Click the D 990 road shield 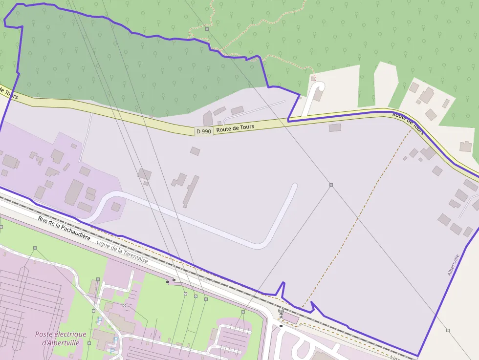[203, 131]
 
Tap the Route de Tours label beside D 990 [235, 128]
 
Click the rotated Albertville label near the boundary [454, 265]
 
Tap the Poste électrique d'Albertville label [61, 338]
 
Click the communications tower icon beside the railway [281, 311]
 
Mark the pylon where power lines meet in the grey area [331, 185]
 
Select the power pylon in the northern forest [207, 29]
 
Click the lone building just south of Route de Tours [335, 127]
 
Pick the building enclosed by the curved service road [116, 207]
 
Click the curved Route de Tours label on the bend [408, 122]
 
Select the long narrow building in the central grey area [191, 191]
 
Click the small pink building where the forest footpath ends [313, 78]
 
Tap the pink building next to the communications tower [291, 318]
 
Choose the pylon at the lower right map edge [448, 330]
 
